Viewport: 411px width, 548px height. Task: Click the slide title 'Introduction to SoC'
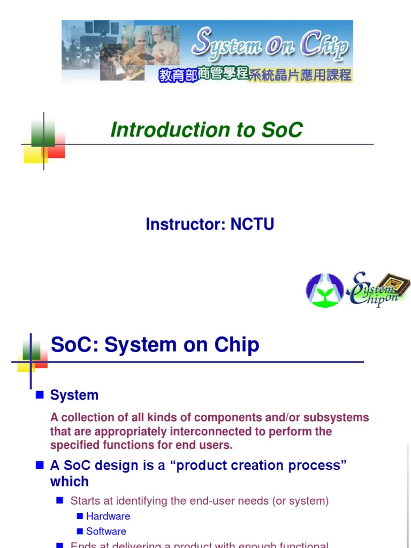[x=206, y=130]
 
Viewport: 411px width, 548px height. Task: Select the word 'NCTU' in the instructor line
[x=252, y=224]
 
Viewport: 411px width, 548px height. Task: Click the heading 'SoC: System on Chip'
[x=155, y=345]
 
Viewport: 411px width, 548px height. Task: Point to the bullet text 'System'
[x=74, y=395]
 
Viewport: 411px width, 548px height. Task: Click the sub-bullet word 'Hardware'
[x=108, y=516]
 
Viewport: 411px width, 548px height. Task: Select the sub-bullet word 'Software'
[x=106, y=531]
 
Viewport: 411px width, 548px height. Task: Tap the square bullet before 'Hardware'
[x=80, y=516]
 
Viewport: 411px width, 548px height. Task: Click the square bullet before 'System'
[x=39, y=395]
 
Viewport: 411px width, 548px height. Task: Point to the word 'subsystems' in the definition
[x=339, y=417]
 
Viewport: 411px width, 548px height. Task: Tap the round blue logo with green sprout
[x=325, y=291]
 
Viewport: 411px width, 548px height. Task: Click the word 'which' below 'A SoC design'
[x=70, y=482]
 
